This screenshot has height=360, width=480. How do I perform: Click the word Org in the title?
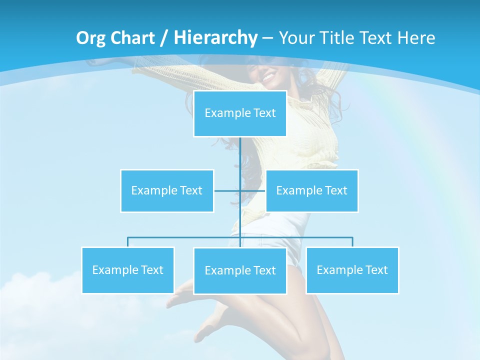click(x=91, y=38)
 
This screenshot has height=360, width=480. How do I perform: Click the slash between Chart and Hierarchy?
click(x=163, y=38)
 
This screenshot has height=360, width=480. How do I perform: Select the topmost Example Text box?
click(x=240, y=113)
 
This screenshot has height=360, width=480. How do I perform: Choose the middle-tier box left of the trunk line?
click(x=167, y=190)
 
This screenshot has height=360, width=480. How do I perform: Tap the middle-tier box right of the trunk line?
click(x=311, y=190)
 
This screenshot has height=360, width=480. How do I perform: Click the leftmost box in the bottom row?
click(x=128, y=270)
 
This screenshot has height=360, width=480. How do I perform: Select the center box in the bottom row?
click(x=240, y=270)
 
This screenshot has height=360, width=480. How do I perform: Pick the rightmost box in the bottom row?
click(x=352, y=270)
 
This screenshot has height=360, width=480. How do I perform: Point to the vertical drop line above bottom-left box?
click(x=128, y=242)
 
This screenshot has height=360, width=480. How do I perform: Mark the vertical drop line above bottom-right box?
click(x=352, y=242)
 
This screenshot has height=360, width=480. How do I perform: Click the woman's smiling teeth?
click(x=269, y=77)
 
